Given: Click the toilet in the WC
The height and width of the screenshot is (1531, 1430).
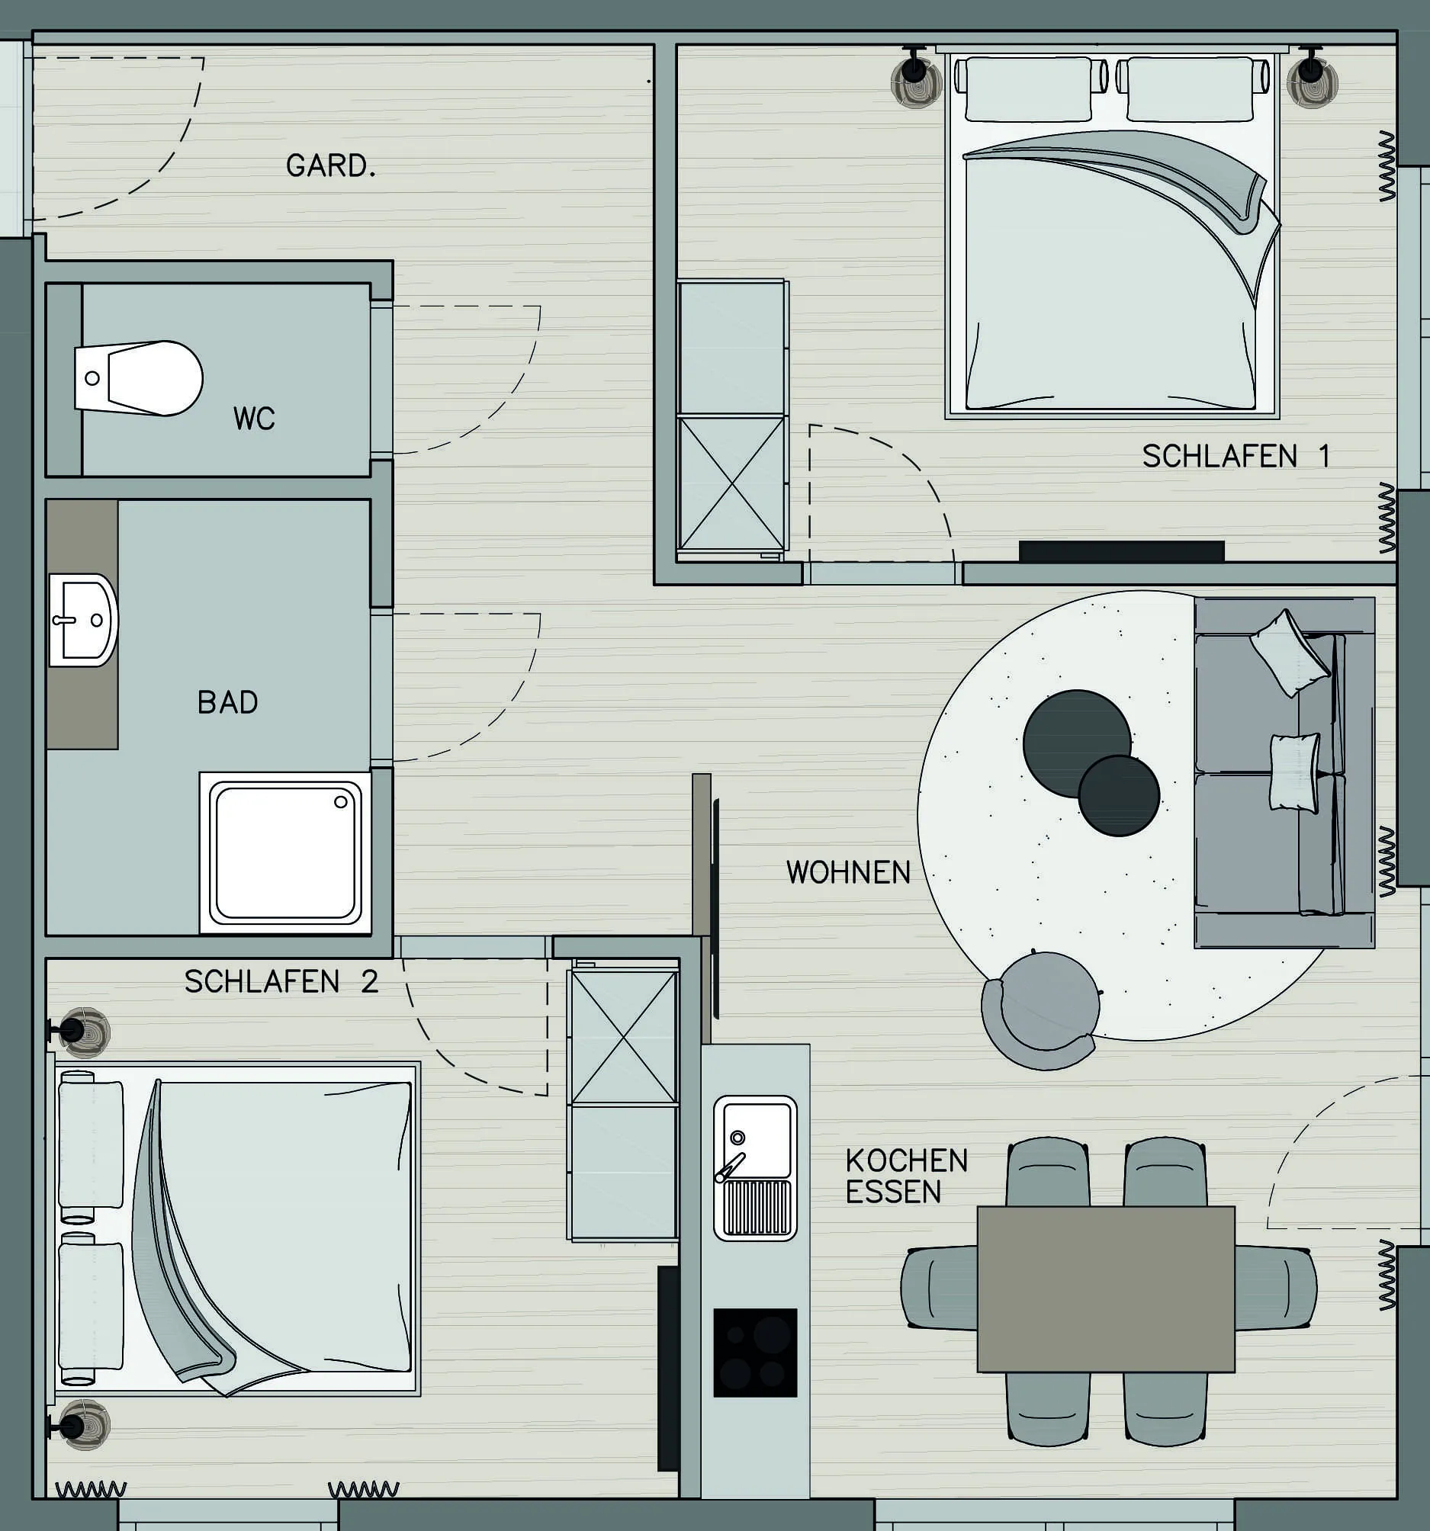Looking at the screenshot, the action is pos(139,378).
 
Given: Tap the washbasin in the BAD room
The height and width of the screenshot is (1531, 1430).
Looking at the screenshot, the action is pos(83,619).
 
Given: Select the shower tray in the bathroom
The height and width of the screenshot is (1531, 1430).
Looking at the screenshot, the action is pos(286,852).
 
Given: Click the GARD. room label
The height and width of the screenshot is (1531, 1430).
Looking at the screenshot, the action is pos(330,165).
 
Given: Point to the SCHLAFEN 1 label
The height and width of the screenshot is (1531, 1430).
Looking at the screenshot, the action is pos(1236,456).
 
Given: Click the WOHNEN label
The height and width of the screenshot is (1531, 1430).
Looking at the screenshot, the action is pos(848,871).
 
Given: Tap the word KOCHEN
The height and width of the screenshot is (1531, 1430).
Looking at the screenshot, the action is pos(906,1160).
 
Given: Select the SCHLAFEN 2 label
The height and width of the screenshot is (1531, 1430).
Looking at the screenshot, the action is pos(281,981).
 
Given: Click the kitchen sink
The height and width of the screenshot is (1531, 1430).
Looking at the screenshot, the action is pos(755,1167).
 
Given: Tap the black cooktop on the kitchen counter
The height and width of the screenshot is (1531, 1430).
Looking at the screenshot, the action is pos(755,1353).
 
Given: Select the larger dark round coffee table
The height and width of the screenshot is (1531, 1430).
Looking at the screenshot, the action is pos(1075,743).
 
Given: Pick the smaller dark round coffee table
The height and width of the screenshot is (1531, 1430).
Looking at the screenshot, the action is pos(1119,795).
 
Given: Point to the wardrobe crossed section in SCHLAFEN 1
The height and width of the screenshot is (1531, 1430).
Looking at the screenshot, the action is pos(731,483).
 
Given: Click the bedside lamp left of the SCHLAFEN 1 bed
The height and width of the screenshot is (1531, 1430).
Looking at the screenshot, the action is pos(916,79).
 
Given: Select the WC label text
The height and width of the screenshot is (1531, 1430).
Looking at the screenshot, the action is pos(254,418).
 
